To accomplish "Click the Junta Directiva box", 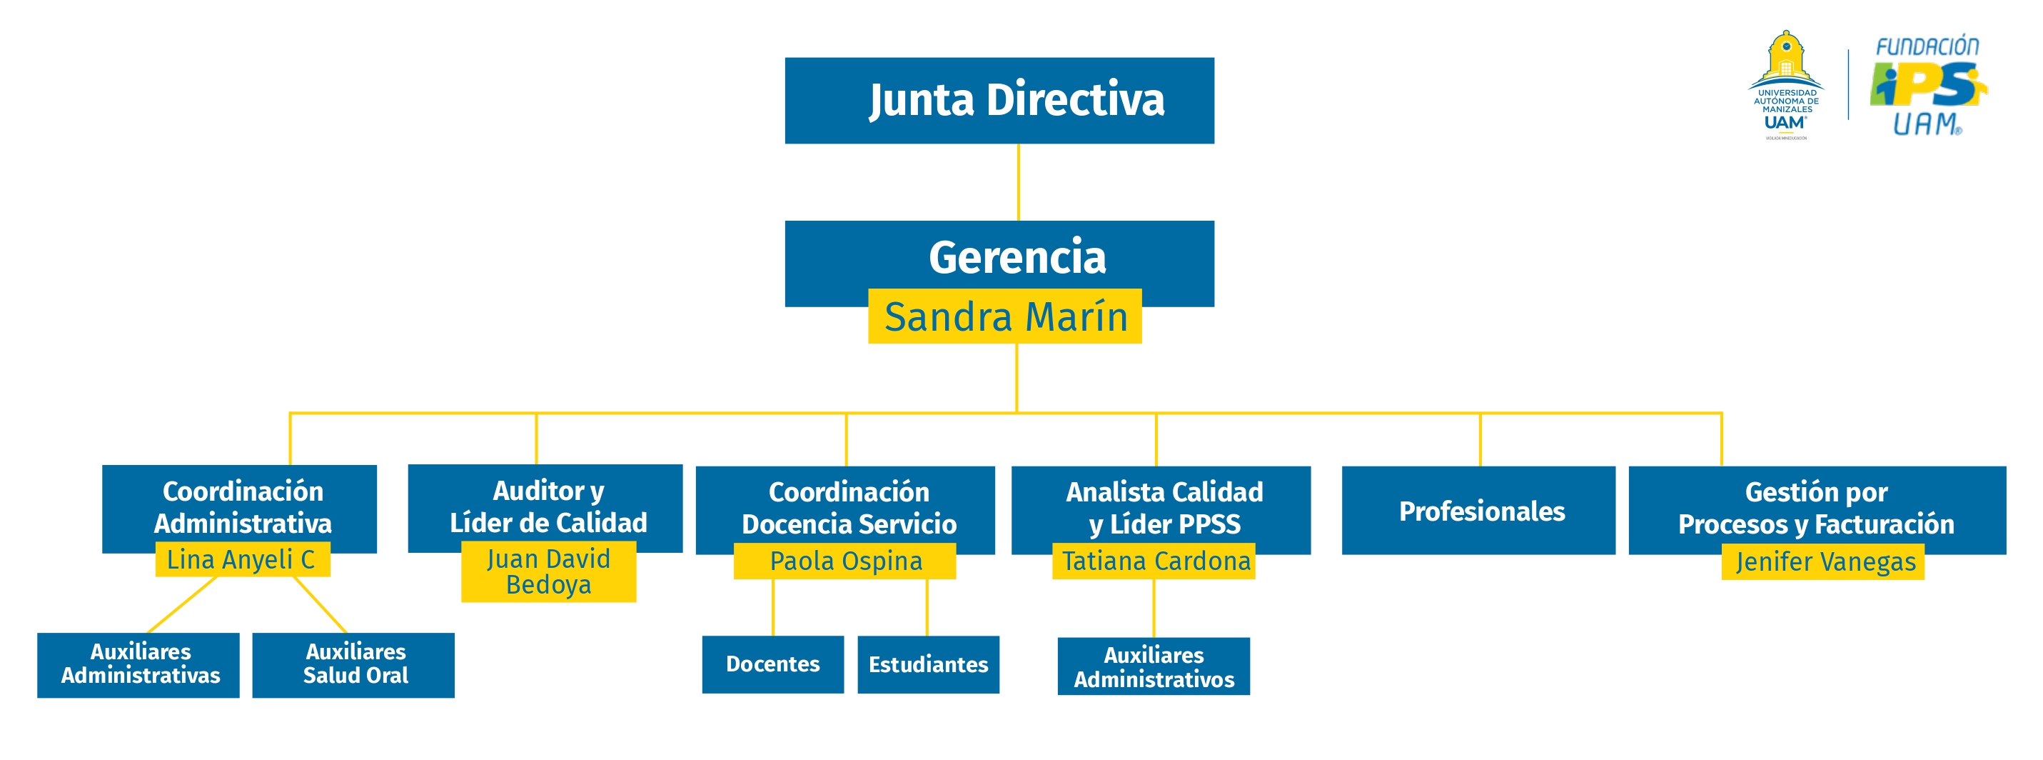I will pos(999,100).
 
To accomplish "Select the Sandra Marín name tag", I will pos(1005,316).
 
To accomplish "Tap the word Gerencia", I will pos(1017,257).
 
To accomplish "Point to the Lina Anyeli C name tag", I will pos(242,560).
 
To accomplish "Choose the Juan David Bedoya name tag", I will pos(548,572).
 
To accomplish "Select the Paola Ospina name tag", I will pos(844,561).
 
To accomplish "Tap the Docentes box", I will pos(772,664).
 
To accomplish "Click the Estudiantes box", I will pos(928,665).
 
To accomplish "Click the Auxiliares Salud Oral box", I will pos(354,665).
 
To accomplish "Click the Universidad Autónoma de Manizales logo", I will pos(1785,86).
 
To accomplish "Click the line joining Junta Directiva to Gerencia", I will pos(1019,182).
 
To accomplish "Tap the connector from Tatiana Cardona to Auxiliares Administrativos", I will pos(1154,609).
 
